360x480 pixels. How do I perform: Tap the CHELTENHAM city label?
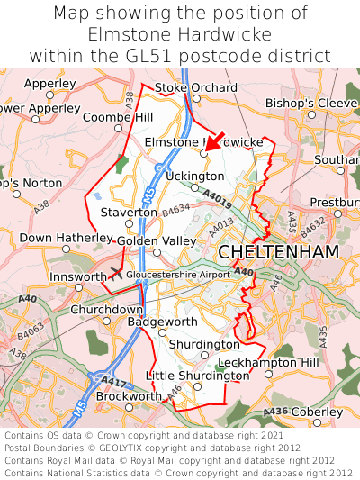click(x=278, y=251)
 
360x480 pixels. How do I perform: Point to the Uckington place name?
click(x=194, y=176)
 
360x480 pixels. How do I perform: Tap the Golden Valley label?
click(x=156, y=241)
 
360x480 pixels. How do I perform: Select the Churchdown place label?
click(x=106, y=309)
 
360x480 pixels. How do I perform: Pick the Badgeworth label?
click(x=162, y=321)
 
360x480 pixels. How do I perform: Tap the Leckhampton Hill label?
click(x=279, y=362)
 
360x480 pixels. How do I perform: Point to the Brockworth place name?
click(x=129, y=395)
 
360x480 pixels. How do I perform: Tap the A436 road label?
click(x=275, y=412)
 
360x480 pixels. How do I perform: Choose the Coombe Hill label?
click(x=117, y=117)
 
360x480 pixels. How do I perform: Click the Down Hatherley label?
click(x=58, y=238)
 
